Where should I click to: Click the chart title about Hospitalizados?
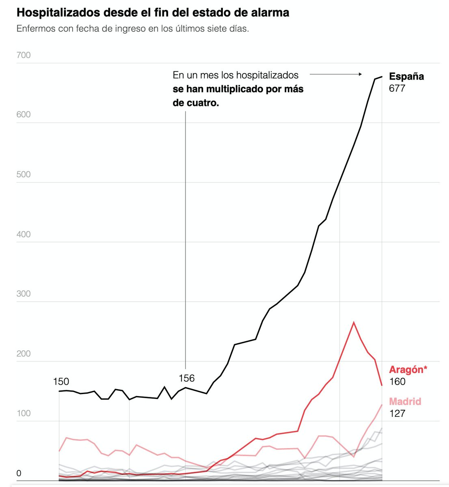click(153, 13)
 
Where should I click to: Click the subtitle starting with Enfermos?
click(132, 29)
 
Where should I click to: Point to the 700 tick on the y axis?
click(24, 55)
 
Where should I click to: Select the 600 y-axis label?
click(24, 114)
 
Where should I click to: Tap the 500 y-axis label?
click(24, 175)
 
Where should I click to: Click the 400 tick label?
click(24, 234)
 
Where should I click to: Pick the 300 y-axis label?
click(24, 294)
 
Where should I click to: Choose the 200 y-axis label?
click(24, 353)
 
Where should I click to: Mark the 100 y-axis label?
click(24, 413)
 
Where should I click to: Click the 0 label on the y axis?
click(19, 473)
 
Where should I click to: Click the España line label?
click(406, 76)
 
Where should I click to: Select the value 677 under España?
click(397, 88)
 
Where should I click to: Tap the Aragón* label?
click(408, 370)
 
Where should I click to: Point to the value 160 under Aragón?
click(397, 381)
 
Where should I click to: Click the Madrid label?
click(405, 401)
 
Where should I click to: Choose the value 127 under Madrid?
click(397, 414)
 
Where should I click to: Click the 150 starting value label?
click(61, 381)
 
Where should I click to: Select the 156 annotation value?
click(187, 378)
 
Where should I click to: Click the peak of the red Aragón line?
click(354, 322)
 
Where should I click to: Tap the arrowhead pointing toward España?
click(360, 74)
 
